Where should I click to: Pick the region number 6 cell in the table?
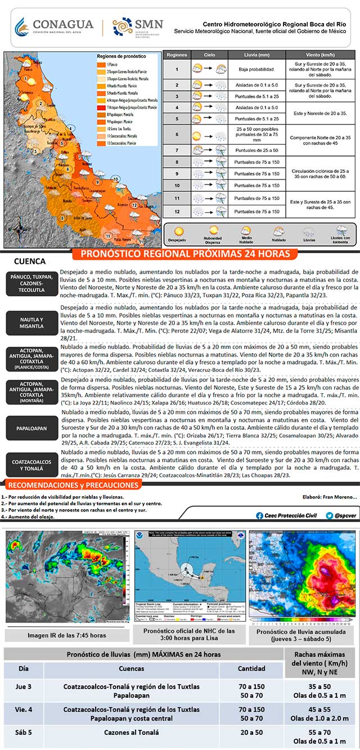point(177,135)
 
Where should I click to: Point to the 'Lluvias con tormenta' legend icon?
point(341,231)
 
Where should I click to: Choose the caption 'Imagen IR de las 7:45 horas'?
point(66,635)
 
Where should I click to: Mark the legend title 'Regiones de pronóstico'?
point(121,57)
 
